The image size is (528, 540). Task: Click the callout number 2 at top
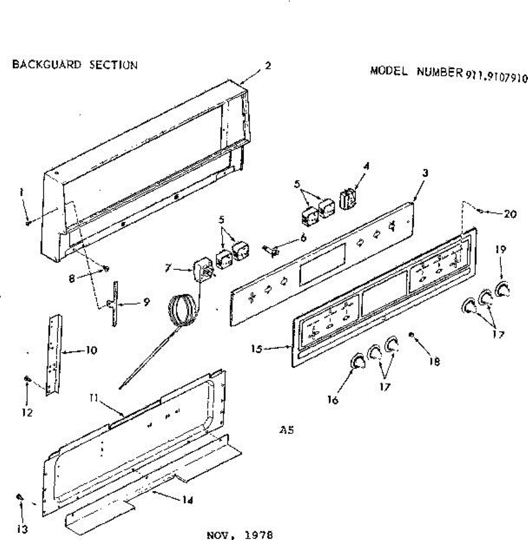click(x=268, y=66)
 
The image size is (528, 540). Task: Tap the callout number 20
click(x=510, y=214)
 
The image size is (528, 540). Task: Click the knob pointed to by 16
click(x=357, y=361)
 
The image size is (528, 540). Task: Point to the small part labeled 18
click(x=411, y=334)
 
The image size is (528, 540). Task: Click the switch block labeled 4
click(x=348, y=199)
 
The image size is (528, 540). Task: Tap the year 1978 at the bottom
click(x=259, y=535)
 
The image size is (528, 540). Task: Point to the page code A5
click(x=287, y=430)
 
